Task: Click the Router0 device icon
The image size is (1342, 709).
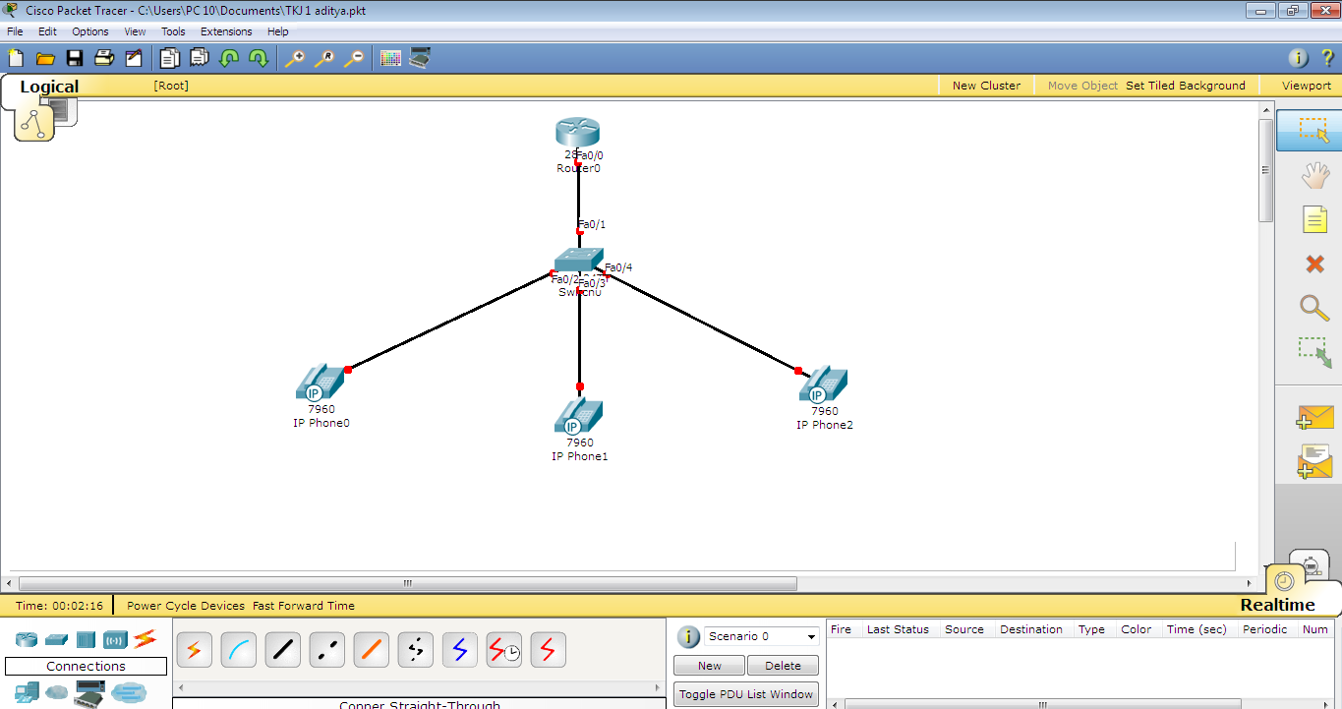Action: coord(577,132)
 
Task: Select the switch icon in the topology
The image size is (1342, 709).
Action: coord(578,260)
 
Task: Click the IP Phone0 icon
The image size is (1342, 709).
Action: coord(320,382)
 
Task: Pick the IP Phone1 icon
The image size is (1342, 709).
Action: coord(578,416)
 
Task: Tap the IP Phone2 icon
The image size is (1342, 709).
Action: coord(824,384)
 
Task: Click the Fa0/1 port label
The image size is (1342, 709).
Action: coord(592,224)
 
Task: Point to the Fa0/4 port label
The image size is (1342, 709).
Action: coord(618,267)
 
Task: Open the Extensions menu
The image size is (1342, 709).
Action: coord(226,31)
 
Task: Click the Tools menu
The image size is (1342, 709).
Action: coord(173,31)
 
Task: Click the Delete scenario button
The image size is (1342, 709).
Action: coord(783,666)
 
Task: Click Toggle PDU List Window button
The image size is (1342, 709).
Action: coord(746,694)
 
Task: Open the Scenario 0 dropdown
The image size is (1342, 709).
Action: coord(762,636)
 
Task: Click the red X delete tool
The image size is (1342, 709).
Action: coord(1314,264)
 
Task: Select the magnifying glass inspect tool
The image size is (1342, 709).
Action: coord(1314,307)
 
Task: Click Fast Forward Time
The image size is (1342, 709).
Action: coord(304,606)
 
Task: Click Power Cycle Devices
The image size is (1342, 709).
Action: coord(186,606)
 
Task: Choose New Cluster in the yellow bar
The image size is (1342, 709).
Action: coord(986,86)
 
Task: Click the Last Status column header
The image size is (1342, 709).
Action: coord(898,629)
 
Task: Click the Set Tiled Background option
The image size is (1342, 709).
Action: coord(1186,86)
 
